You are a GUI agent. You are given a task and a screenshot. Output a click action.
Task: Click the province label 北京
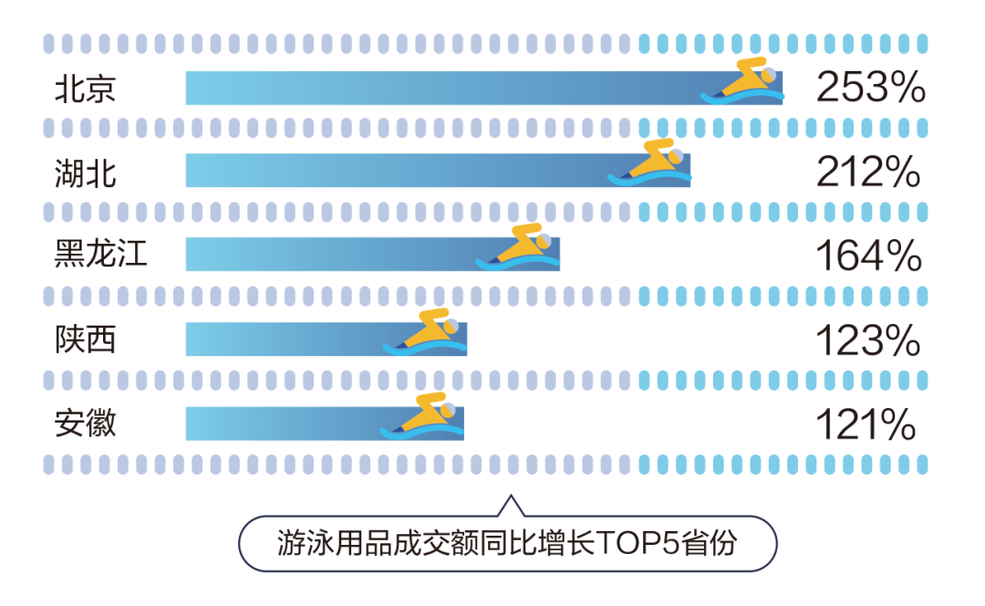(86, 89)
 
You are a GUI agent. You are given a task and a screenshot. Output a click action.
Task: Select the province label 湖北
(86, 172)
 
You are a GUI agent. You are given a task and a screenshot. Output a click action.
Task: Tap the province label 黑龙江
(101, 256)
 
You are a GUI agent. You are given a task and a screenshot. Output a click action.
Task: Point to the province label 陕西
(86, 340)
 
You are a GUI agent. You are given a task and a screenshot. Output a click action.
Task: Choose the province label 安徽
(86, 423)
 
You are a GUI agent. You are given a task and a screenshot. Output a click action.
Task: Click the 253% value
(870, 89)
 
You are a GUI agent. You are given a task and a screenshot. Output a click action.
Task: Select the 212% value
(867, 172)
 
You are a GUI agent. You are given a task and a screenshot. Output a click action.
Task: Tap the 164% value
(867, 256)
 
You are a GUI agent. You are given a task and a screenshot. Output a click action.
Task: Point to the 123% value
(867, 340)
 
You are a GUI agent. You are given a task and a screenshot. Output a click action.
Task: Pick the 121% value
(865, 424)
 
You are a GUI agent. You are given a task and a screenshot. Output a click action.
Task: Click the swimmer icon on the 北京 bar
(743, 79)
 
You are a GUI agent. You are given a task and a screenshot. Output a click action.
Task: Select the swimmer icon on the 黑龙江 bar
(518, 246)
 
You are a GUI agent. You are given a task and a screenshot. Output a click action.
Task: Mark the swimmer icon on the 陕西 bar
(425, 331)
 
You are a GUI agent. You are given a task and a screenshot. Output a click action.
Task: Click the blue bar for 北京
(438, 89)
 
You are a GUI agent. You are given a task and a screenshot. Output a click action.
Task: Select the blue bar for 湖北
(392, 172)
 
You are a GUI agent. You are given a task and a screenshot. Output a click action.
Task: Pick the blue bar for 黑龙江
(328, 256)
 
